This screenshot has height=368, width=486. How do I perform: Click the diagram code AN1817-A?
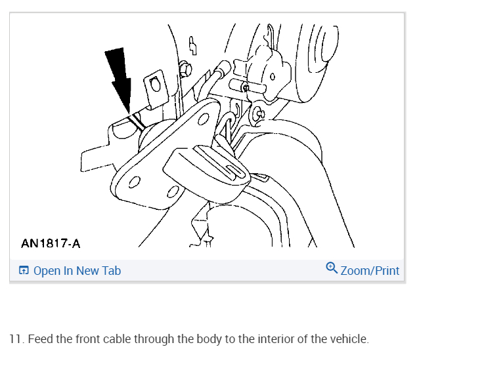click(x=51, y=244)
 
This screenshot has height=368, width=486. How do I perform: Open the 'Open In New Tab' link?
click(x=77, y=270)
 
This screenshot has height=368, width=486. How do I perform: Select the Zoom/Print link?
click(x=370, y=270)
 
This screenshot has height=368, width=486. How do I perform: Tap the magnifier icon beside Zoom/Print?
click(x=332, y=268)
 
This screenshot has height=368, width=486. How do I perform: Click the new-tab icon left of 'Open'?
click(x=24, y=270)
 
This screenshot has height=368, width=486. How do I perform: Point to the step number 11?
click(x=16, y=339)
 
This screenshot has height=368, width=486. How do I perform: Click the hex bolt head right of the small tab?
click(x=186, y=68)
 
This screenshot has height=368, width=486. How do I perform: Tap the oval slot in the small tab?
click(x=155, y=84)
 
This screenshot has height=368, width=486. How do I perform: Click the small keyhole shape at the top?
click(x=192, y=45)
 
